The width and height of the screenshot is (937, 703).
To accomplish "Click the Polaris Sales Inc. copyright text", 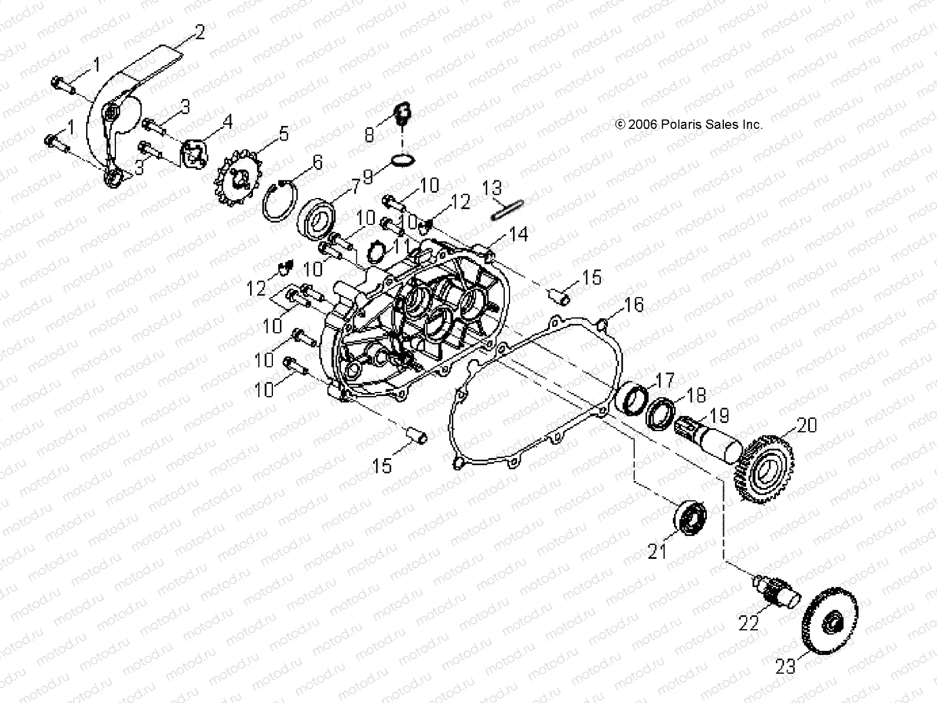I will click(689, 124).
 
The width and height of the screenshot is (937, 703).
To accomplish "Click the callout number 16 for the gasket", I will click(634, 305).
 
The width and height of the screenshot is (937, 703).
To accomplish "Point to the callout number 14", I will click(519, 234).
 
